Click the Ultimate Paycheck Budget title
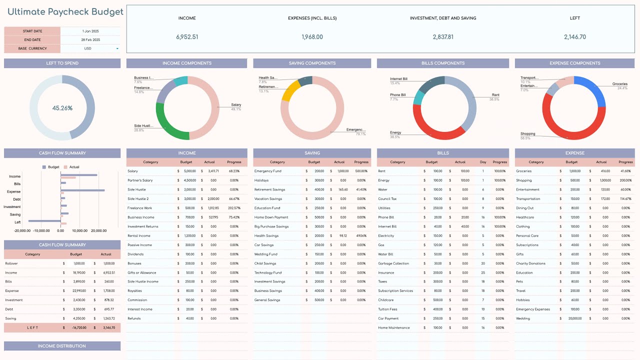[65, 12]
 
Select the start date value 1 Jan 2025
[91, 31]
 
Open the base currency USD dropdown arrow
[117, 48]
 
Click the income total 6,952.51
[187, 37]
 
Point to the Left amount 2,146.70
[574, 37]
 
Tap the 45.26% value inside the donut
[62, 108]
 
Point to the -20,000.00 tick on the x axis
[23, 231]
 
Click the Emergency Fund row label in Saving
[268, 171]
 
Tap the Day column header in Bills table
[483, 162]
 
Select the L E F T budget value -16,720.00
[77, 328]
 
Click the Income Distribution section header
[62, 346]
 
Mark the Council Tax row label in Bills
[387, 199]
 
